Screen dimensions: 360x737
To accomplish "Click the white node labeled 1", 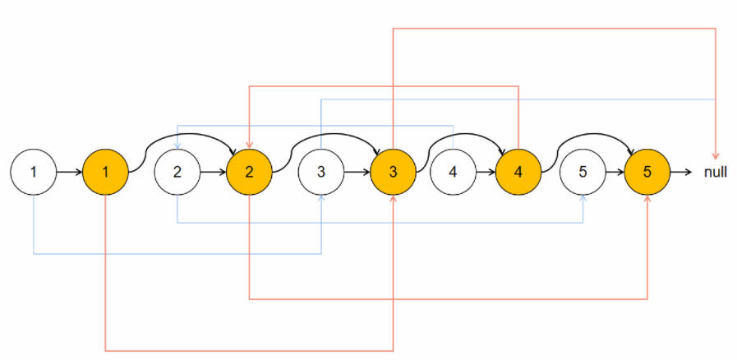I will pos(33,173).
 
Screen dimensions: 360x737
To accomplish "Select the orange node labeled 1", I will pos(106,173).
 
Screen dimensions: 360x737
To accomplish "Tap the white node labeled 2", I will pos(177,173).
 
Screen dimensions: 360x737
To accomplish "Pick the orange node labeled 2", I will pos(249,173).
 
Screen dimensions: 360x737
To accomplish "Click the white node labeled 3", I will pos(320,173).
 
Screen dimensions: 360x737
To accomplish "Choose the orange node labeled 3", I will pos(394,173).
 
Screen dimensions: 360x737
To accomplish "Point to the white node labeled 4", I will pos(453,173).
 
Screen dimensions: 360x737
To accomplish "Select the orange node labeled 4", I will pos(518,173).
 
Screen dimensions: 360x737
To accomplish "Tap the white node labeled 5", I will pos(583,173).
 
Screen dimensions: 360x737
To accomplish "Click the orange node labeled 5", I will pos(648,173).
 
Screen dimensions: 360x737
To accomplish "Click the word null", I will pos(715,173).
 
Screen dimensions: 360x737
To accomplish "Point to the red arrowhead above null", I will pos(716,155).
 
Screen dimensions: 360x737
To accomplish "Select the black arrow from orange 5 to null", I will pos(682,173).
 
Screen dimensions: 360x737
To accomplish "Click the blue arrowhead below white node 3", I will pos(320,199).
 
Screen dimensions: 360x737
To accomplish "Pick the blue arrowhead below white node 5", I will pos(583,199).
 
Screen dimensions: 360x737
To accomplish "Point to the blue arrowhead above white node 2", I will pos(177,146).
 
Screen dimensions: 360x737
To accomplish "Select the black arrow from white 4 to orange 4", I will pos(486,173).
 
